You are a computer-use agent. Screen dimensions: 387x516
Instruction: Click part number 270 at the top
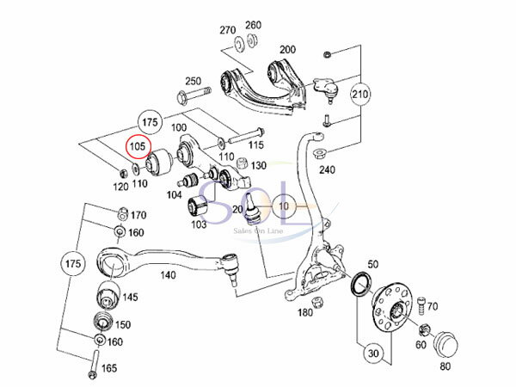click(x=227, y=30)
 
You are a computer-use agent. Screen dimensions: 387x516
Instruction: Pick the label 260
click(x=255, y=24)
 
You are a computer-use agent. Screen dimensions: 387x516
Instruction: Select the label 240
click(x=327, y=169)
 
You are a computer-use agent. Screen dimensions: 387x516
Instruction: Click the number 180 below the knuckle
click(x=305, y=314)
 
